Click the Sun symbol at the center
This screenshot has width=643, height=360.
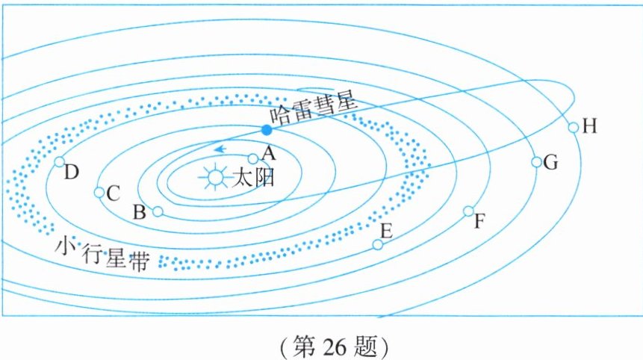click(x=215, y=177)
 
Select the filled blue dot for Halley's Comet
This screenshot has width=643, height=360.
click(x=267, y=130)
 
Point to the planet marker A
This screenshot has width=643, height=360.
click(x=252, y=158)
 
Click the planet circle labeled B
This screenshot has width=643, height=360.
click(x=157, y=211)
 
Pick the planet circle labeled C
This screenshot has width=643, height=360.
click(x=99, y=192)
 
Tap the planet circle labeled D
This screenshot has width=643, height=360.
click(x=60, y=161)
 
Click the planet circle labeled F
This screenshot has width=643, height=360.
click(x=468, y=211)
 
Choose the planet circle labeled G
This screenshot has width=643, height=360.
click(x=536, y=162)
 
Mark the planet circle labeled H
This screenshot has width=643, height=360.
click(x=573, y=127)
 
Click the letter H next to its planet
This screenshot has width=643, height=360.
click(x=590, y=126)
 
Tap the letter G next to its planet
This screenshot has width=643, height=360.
click(x=552, y=163)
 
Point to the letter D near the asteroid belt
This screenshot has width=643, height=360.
click(x=72, y=173)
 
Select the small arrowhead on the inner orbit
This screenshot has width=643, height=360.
click(x=219, y=149)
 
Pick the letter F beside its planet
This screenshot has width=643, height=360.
click(x=480, y=222)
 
